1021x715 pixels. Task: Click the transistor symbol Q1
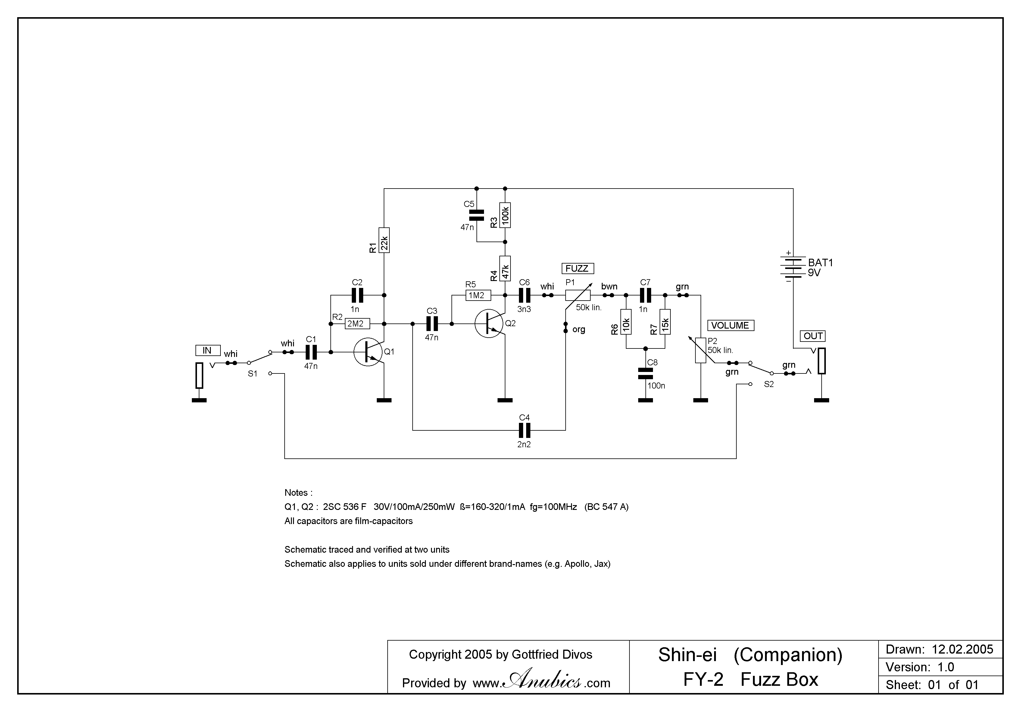(x=368, y=352)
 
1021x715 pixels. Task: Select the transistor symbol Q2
(x=489, y=324)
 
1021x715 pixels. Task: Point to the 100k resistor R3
(x=505, y=215)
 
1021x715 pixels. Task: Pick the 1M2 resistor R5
(x=478, y=295)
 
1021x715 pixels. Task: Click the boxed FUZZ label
(x=577, y=269)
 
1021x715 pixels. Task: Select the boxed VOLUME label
(x=730, y=326)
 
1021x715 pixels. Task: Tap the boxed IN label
(x=208, y=350)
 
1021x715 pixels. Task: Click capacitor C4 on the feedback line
(x=525, y=430)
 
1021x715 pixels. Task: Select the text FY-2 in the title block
(x=703, y=679)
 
